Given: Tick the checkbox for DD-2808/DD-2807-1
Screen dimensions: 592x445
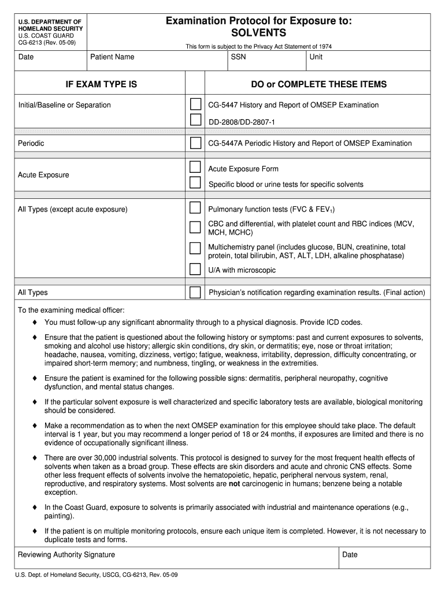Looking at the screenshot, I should click(x=196, y=120).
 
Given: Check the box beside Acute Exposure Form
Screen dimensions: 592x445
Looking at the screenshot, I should click(x=196, y=168).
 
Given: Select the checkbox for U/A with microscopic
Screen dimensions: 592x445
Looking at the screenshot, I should click(x=196, y=269).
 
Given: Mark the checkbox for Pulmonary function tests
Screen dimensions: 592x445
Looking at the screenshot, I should click(x=196, y=208).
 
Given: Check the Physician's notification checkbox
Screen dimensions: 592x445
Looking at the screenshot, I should click(x=196, y=292).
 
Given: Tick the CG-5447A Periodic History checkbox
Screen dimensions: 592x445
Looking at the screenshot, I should click(x=196, y=143).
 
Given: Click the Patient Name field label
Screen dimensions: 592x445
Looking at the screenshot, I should click(x=112, y=57).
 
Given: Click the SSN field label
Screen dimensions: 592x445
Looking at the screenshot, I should click(x=238, y=57).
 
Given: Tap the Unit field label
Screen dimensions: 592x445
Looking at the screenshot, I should click(x=316, y=57).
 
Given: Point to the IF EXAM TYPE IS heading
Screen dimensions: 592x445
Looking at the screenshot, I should click(x=101, y=84).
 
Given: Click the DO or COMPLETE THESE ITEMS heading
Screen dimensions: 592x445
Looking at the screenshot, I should click(x=318, y=84).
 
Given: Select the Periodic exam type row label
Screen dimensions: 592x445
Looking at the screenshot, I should click(x=31, y=143).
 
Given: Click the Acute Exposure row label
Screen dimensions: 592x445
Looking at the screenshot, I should click(x=43, y=175).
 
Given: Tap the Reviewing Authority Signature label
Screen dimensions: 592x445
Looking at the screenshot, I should click(x=66, y=554).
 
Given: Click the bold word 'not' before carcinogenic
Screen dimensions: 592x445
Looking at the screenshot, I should click(x=234, y=483).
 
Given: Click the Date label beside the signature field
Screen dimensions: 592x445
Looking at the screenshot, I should click(x=350, y=554).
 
